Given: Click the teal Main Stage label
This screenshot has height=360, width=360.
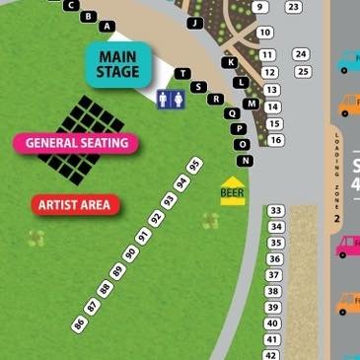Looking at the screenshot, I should click(x=118, y=63).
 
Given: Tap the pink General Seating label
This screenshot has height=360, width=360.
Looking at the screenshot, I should click(x=76, y=143).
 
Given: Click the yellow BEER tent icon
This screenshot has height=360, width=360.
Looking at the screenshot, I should click(x=233, y=188).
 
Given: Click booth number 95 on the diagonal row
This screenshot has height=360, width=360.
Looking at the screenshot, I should click(x=194, y=166).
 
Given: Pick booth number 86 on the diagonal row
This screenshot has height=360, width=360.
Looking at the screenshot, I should click(x=80, y=322).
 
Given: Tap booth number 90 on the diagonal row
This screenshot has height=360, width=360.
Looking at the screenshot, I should click(x=130, y=252).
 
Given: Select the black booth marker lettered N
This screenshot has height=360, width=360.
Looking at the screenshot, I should click(x=245, y=160).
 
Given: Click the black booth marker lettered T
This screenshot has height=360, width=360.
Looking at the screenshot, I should click(x=182, y=74).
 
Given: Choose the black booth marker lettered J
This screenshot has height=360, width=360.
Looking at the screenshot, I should click(x=194, y=23).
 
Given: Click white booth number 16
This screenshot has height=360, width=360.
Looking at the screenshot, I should click(x=275, y=140).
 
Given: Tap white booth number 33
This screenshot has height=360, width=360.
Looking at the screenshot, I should click(x=275, y=211).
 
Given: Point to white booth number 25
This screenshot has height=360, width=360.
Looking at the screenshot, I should click(x=303, y=71).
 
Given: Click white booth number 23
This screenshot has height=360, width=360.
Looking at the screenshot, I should click(x=293, y=7).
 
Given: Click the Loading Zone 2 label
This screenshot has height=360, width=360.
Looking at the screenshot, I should click(x=336, y=178).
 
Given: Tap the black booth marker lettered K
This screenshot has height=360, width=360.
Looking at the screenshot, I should click(x=231, y=62).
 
